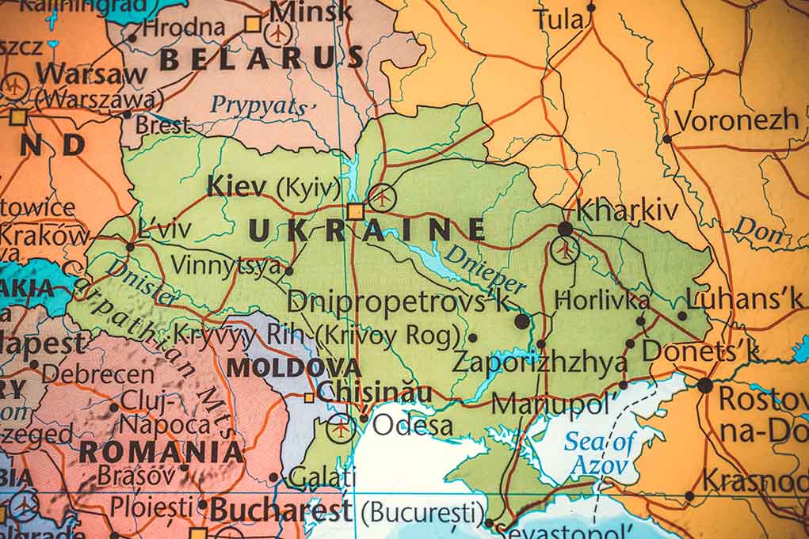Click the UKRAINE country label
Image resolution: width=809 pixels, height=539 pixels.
pos(367,230)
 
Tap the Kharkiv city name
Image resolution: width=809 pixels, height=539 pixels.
pos(627,211)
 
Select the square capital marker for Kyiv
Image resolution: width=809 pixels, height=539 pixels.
pos(355,211)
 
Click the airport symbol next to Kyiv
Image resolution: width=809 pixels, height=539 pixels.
pos(382,196)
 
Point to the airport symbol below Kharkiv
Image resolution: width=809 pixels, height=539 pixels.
pos(564,250)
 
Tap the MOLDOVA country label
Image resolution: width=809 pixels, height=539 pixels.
pos(293,368)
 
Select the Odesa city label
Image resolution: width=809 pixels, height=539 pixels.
pos(413,425)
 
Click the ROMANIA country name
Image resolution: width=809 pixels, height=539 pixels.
pos(161,452)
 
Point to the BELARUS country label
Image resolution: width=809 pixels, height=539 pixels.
pos(261,58)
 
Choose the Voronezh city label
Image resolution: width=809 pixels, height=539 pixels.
pos(736,120)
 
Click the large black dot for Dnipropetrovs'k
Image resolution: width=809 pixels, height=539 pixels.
pos(521,321)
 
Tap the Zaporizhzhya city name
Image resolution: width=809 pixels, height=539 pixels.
pos(539,362)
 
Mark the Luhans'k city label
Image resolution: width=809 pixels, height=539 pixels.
pos(744,298)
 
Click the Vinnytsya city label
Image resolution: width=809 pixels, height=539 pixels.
pos(227,265)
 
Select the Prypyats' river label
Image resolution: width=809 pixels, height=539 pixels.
pos(264,105)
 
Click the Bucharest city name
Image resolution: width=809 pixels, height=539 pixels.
pos(280,510)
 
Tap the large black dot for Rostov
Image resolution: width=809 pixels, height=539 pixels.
pos(704,385)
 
